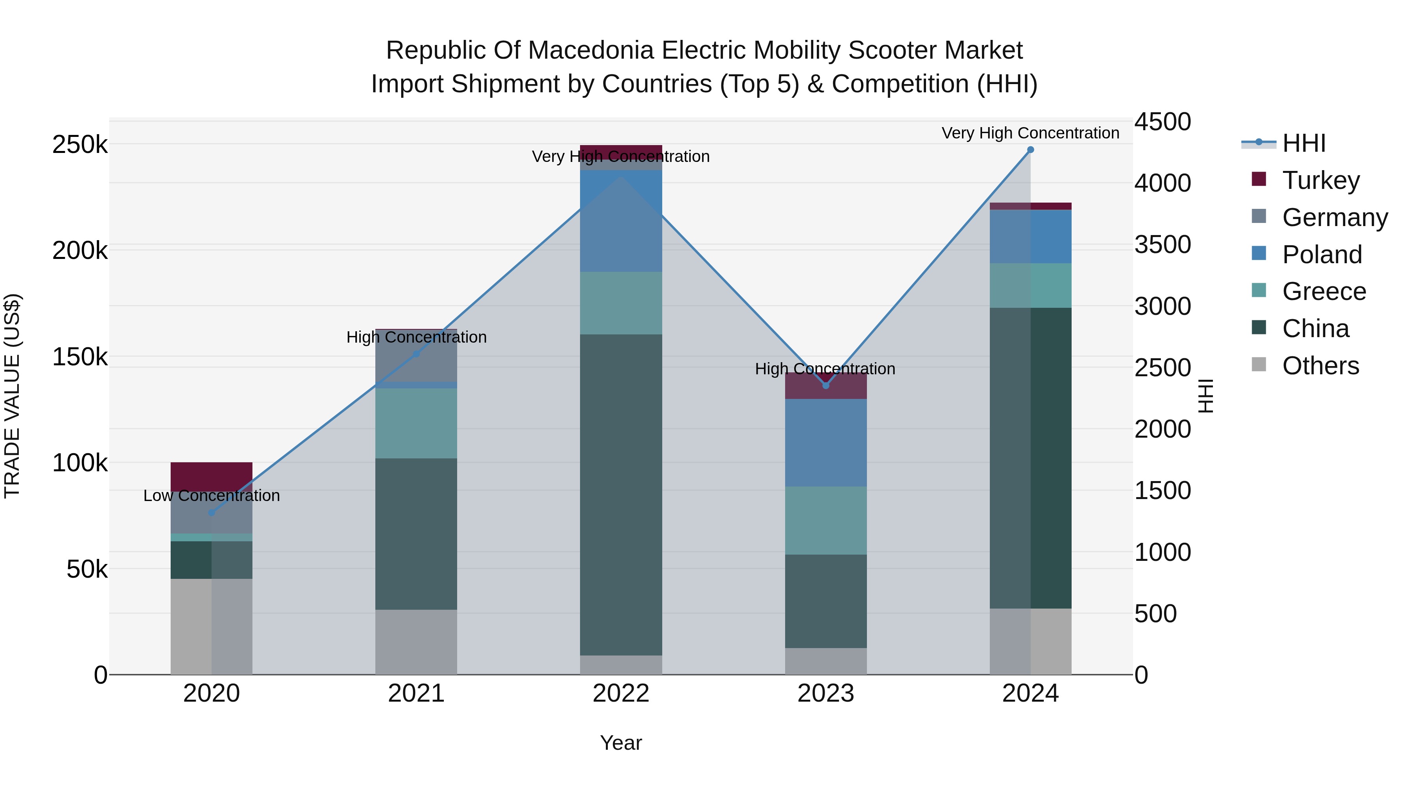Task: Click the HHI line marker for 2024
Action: (1031, 150)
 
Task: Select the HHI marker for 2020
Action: (212, 513)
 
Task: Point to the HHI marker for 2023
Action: (826, 386)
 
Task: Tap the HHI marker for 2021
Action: (416, 354)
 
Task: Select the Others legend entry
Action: (1321, 366)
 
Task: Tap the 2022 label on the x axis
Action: (621, 693)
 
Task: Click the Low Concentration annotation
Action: (212, 496)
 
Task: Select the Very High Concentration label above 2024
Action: (1031, 133)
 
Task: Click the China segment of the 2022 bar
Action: (621, 495)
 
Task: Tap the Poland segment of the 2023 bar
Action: (826, 443)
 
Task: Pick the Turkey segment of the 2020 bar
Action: (212, 476)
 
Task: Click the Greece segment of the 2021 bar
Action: (416, 423)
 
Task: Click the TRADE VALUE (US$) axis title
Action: (12, 396)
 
